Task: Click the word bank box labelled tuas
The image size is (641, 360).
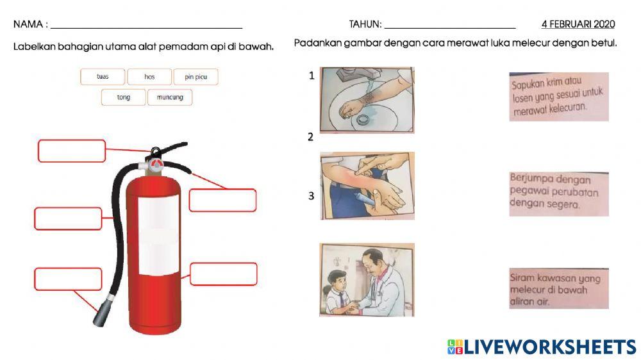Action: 103,77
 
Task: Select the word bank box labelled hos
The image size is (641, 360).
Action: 149,77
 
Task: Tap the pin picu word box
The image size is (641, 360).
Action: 196,77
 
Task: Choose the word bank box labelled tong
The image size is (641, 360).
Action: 124,97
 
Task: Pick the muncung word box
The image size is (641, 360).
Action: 170,97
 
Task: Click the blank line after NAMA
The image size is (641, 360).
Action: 146,28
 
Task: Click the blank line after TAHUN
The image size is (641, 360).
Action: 450,28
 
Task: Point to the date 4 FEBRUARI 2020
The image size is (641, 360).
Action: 578,24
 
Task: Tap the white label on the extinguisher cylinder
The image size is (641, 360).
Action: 158,235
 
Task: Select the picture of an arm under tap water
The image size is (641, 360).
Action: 367,100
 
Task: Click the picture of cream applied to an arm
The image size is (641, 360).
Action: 367,186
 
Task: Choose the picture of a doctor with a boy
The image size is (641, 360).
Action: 367,280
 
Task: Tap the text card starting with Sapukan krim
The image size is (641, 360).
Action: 559,97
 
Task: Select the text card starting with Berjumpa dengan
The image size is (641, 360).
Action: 559,194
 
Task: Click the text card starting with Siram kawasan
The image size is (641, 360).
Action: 559,288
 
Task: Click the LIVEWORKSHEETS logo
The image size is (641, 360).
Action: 542,347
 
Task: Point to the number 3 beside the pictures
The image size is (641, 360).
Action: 311,196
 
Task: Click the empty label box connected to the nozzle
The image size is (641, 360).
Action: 69,279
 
